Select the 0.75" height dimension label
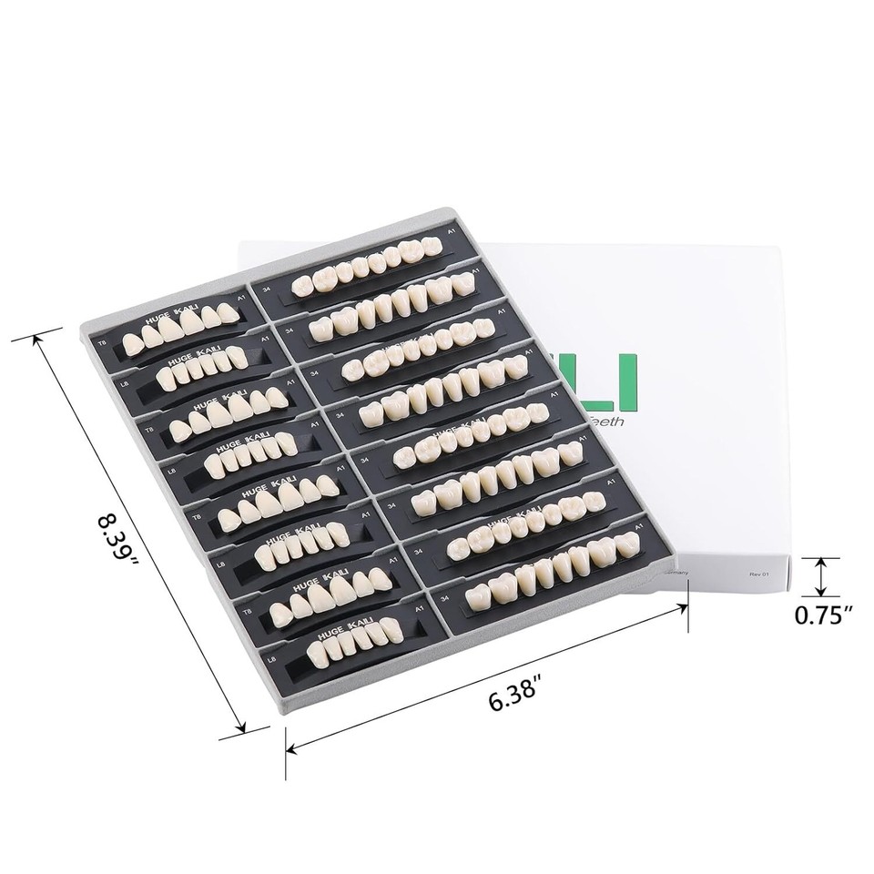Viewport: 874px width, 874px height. pyautogui.click(x=822, y=616)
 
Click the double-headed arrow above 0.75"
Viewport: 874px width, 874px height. pyautogui.click(x=822, y=575)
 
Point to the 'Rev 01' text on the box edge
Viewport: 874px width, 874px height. pyautogui.click(x=759, y=574)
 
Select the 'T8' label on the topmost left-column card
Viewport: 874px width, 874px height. pyautogui.click(x=100, y=346)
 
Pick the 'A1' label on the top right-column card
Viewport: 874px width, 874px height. pyautogui.click(x=450, y=234)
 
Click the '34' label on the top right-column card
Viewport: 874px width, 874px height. pyautogui.click(x=266, y=290)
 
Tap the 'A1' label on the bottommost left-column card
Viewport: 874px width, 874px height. pyautogui.click(x=418, y=608)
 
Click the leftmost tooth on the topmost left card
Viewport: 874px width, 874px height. pyautogui.click(x=133, y=343)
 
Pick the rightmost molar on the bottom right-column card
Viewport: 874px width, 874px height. pyautogui.click(x=625, y=545)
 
